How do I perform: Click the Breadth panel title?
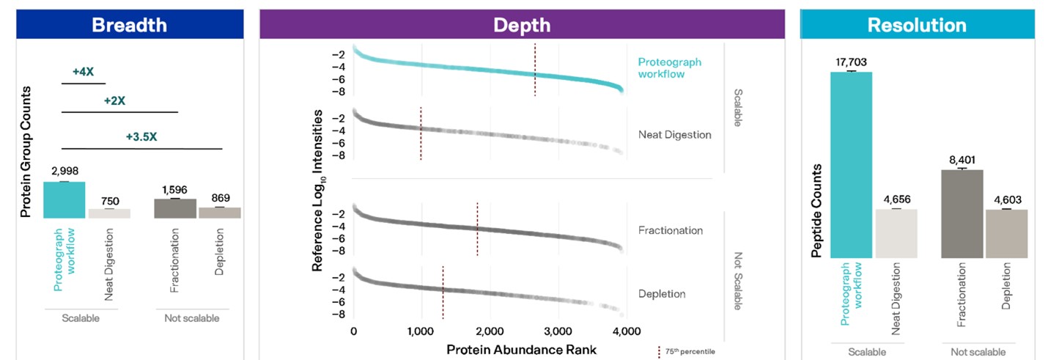point(129,25)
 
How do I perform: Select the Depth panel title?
point(521,25)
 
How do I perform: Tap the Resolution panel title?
point(916,25)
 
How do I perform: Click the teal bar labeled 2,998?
point(64,199)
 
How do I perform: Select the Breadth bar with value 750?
point(109,213)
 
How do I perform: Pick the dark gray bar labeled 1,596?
point(174,208)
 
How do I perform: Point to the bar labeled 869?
point(219,213)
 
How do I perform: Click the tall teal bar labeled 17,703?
point(851,164)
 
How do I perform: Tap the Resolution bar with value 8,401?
point(962,213)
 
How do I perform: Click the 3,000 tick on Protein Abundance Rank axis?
point(558,331)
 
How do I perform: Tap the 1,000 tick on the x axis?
point(421,331)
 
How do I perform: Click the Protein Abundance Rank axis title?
point(521,349)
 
